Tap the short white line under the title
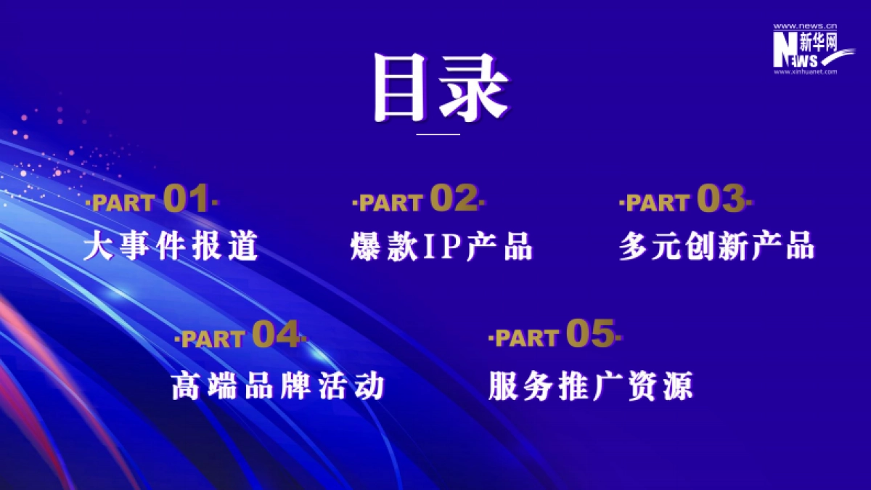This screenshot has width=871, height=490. [438, 134]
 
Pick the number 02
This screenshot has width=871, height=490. [454, 199]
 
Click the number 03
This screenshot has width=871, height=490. [721, 199]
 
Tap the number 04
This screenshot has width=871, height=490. [275, 335]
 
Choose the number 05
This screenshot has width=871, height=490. [590, 334]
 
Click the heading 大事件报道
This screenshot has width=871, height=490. [171, 247]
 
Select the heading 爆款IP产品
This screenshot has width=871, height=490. [441, 247]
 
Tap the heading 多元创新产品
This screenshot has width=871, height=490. [717, 247]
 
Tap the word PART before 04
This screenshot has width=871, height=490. [212, 339]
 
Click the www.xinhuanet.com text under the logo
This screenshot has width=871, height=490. [806, 72]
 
